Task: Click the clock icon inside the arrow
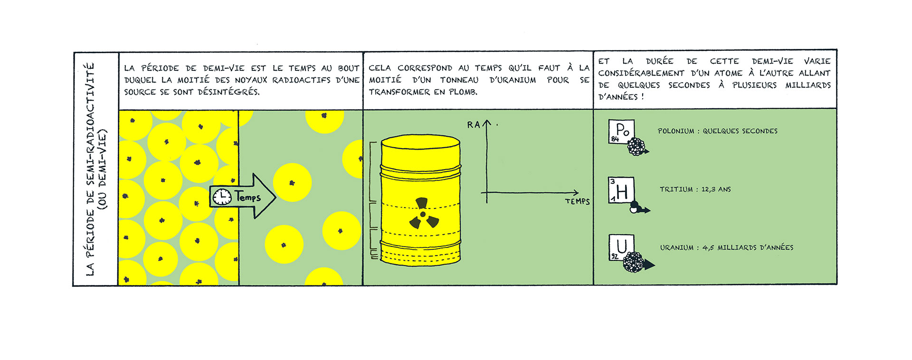coord(222,197)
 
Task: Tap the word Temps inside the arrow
coord(248,197)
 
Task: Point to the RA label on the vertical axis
coord(473,125)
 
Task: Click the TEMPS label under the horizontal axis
coord(577,201)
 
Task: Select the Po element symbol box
coord(621,132)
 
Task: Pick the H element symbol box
coord(621,190)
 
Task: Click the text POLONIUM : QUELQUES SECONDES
coord(718,131)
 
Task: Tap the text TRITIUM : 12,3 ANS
coord(695,189)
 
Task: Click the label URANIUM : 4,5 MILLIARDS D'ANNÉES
coord(727,247)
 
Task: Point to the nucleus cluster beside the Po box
coord(636,146)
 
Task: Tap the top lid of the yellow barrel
coord(420,142)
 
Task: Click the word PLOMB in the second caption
coord(463,92)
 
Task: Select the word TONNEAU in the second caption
coord(459,80)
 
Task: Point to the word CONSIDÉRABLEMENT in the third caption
coord(641,73)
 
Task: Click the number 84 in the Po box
coord(615,139)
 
